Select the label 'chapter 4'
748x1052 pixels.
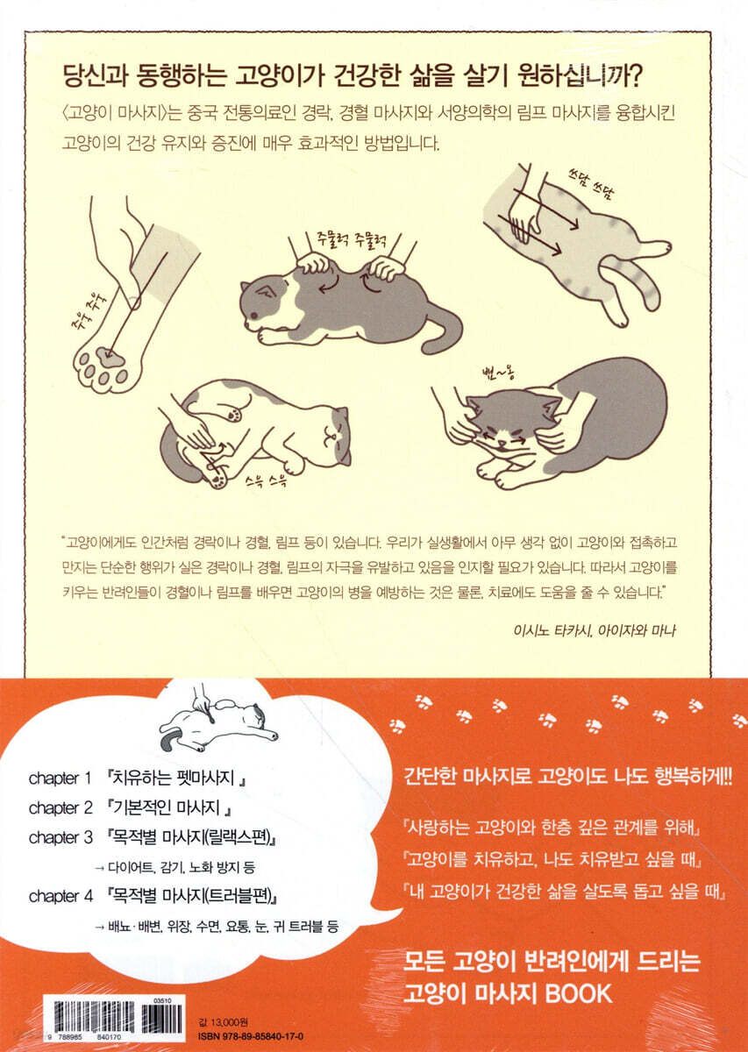point(61,896)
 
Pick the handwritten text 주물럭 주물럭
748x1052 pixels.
point(351,240)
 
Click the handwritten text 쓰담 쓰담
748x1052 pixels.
point(587,186)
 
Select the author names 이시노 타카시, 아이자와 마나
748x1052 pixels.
point(595,629)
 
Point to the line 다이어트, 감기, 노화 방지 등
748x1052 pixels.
point(175,867)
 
